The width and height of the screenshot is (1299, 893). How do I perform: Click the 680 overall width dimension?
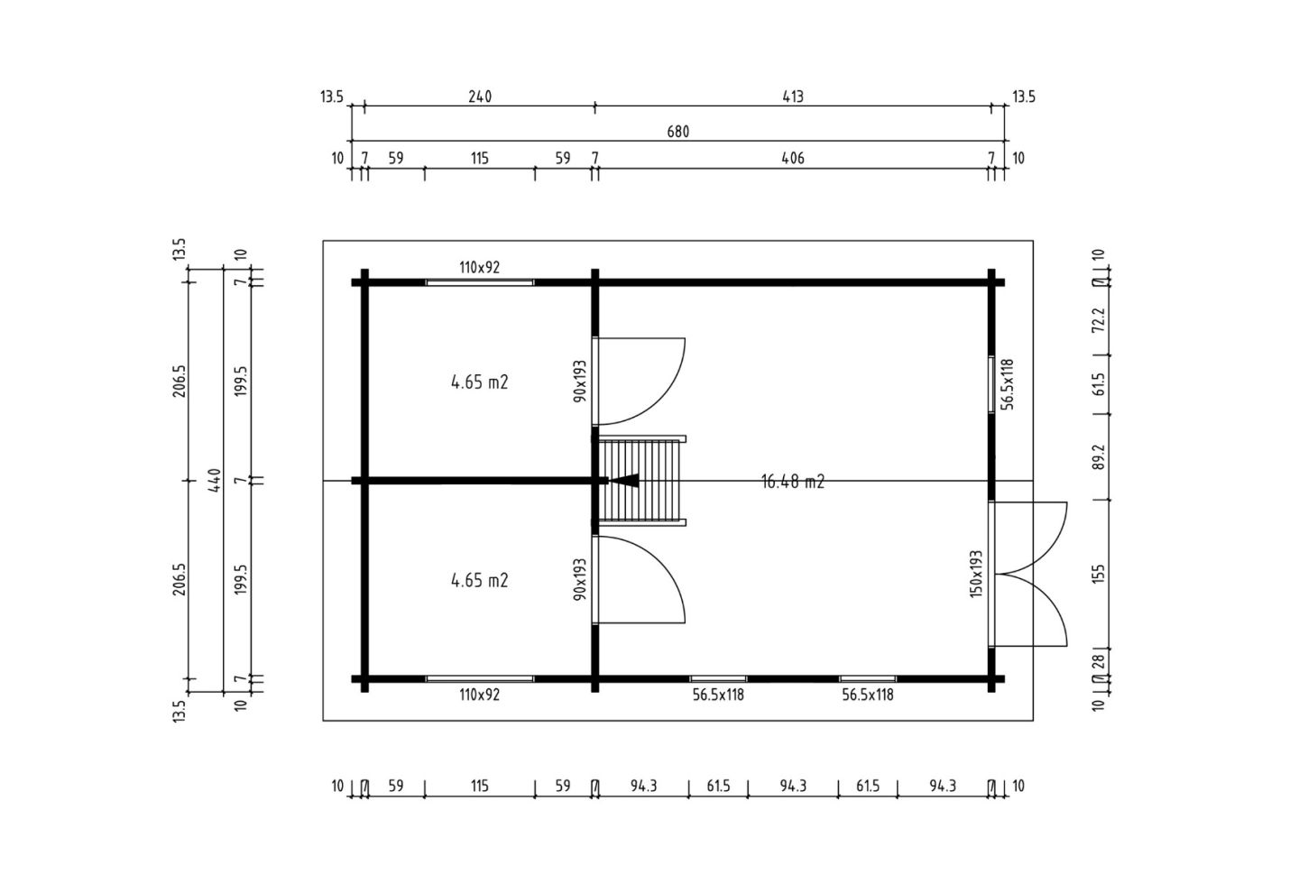(x=677, y=132)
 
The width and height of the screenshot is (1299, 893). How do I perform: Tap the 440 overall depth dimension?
(x=215, y=480)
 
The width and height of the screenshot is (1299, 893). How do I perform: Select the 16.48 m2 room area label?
(x=792, y=482)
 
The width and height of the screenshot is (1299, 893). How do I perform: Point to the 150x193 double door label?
(x=976, y=574)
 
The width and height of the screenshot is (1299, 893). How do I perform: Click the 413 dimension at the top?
(x=793, y=97)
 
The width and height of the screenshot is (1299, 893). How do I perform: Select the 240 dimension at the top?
(x=480, y=97)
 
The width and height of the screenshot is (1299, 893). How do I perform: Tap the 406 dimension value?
(x=793, y=158)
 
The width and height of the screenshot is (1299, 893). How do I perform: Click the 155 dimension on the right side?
(x=1099, y=574)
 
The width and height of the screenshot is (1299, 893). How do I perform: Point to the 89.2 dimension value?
(x=1099, y=457)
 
